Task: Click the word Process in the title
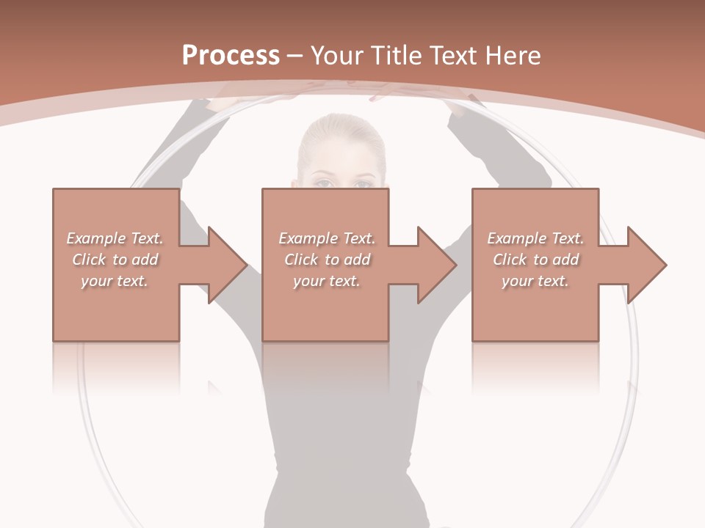coord(231,56)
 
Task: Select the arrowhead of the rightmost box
coord(646,265)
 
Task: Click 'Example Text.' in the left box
coord(115,238)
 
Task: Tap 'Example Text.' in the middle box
coord(327,238)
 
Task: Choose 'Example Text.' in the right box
coord(535,238)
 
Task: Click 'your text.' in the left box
coord(115,281)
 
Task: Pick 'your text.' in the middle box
coord(327,281)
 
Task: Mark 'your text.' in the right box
coord(535,281)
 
